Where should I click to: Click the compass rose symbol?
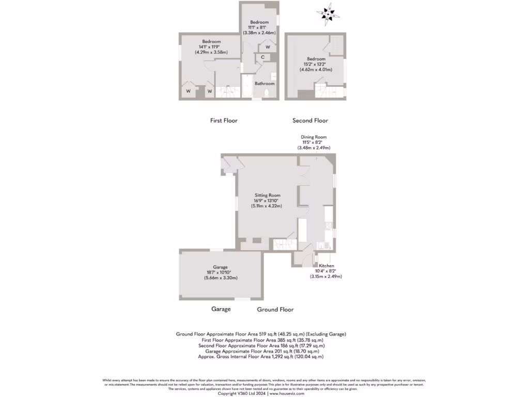[x=329, y=14]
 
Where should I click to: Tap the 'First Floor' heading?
[x=224, y=120]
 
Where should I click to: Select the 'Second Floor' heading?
[x=310, y=120]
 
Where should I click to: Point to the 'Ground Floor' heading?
[x=275, y=309]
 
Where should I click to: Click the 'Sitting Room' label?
[x=267, y=195]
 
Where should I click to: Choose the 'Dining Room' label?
[x=314, y=137]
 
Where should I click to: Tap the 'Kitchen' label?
[x=326, y=266]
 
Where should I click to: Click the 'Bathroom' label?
[x=264, y=83]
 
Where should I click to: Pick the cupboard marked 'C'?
[x=263, y=57]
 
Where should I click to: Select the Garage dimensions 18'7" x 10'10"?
[x=221, y=272]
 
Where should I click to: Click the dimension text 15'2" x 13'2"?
[x=316, y=64]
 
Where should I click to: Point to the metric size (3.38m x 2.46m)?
[x=260, y=32]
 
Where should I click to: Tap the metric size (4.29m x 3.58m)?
[x=211, y=52]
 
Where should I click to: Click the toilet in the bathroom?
[x=267, y=93]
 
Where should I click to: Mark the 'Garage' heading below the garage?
[x=221, y=309]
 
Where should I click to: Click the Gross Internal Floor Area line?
[x=261, y=357]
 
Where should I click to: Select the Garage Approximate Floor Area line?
[x=261, y=351]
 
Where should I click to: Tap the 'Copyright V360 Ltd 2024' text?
[x=242, y=393]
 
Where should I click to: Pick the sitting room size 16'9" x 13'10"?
[x=267, y=200]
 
